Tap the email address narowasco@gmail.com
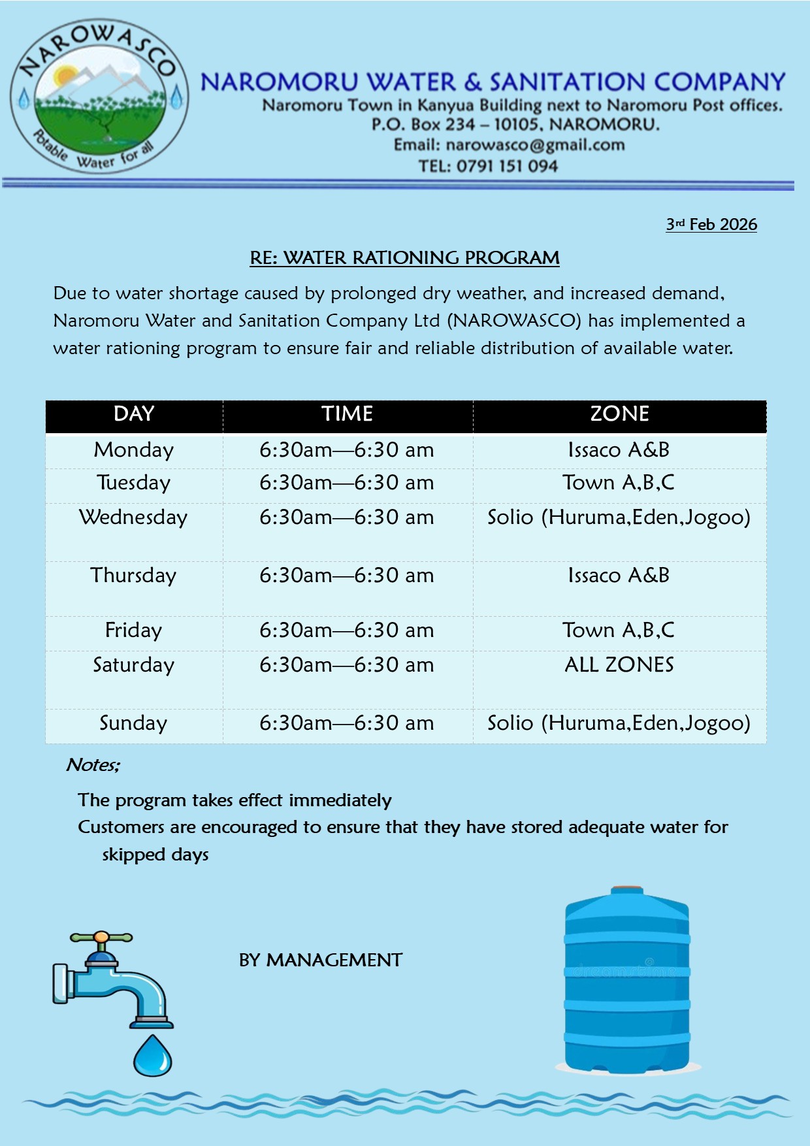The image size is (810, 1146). point(535,145)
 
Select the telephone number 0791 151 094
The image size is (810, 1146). point(507,166)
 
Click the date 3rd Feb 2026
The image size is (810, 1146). point(711,225)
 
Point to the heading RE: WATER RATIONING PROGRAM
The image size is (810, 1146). point(404,258)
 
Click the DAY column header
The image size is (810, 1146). point(134,414)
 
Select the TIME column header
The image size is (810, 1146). point(347,414)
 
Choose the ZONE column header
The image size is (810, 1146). point(619,414)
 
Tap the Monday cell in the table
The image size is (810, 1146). point(134,450)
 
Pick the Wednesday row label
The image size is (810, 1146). point(134,517)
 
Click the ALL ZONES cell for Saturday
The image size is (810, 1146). point(619,665)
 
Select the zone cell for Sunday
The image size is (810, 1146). point(619,723)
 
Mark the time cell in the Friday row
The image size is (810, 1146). point(347,630)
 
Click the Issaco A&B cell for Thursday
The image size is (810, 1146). point(619,576)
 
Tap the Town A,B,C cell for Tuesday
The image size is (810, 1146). point(619,483)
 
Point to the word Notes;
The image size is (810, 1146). point(93,765)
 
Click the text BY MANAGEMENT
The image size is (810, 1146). point(321,960)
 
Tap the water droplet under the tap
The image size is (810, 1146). point(153,1056)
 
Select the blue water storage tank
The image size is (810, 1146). point(627,980)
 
